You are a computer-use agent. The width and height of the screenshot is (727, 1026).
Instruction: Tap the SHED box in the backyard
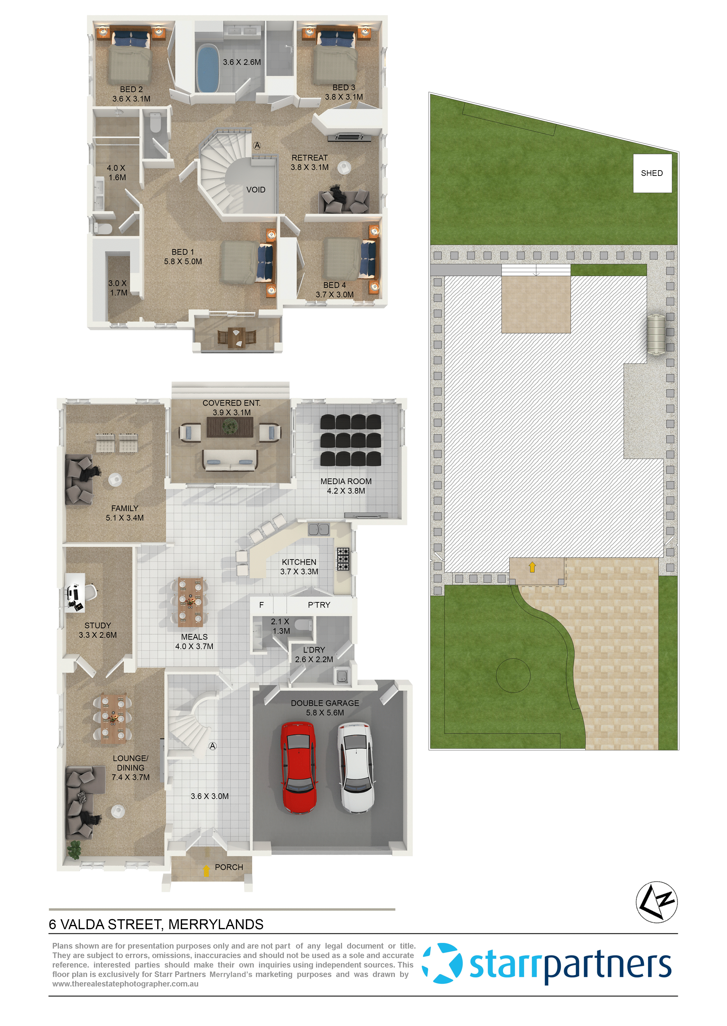[652, 173]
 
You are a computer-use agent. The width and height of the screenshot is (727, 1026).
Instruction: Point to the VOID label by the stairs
[256, 190]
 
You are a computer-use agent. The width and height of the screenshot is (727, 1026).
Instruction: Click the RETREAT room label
[309, 158]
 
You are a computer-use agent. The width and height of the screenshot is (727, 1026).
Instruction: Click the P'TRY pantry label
[319, 605]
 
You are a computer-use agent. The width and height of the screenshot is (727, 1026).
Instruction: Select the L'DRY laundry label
[314, 650]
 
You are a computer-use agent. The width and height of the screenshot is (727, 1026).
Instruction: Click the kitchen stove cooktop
[343, 559]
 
